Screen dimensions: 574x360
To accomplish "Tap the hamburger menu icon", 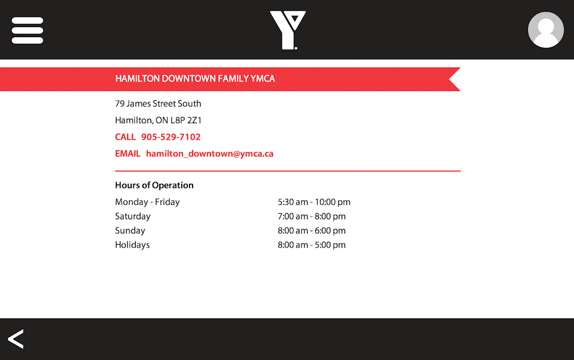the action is click(28, 30).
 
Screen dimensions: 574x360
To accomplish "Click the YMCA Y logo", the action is click(288, 30).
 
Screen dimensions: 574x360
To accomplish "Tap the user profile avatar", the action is click(545, 30).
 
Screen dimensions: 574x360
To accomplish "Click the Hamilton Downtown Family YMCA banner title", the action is click(195, 79).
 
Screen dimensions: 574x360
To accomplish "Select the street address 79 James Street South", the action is click(158, 103).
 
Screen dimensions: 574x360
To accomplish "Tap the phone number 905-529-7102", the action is click(171, 137).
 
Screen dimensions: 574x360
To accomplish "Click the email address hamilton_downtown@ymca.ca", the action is click(210, 154).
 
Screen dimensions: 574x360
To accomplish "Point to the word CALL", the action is click(125, 137).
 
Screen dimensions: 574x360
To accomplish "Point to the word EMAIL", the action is click(128, 154).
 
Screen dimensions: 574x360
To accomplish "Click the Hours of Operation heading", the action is click(154, 185).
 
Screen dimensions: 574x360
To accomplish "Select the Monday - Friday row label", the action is click(147, 202).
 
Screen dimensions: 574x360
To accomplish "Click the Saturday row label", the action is click(133, 216).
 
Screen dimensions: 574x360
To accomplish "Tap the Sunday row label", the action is click(130, 231).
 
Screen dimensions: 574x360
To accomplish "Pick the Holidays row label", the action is click(132, 245).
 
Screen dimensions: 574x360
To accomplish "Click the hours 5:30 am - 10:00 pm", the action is click(314, 202).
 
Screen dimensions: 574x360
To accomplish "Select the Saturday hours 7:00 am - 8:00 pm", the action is click(312, 216).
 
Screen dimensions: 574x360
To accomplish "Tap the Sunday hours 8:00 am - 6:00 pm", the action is click(312, 231).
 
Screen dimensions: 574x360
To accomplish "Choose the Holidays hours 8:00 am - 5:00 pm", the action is click(312, 245).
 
